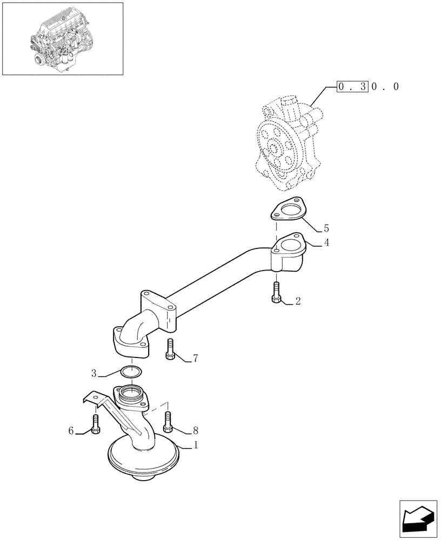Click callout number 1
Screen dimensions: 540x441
coord(196,446)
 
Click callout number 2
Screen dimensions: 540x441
coord(297,302)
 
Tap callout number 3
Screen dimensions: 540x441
coord(93,373)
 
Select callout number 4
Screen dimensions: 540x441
coord(326,243)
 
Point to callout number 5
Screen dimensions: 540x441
coord(326,228)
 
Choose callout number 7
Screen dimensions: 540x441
coord(196,357)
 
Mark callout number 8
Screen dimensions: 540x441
coord(196,430)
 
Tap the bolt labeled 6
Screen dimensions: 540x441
coord(96,424)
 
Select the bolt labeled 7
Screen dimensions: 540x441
coord(170,348)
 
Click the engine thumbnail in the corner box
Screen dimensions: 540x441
coord(62,38)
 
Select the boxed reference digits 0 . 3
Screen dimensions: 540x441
coord(352,86)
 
